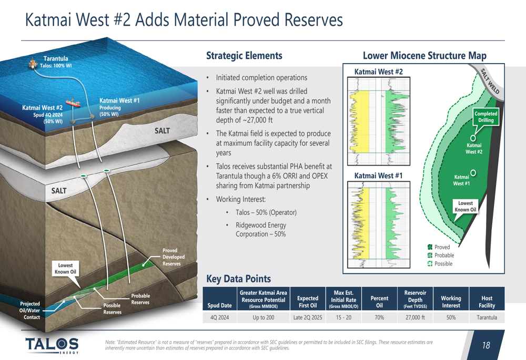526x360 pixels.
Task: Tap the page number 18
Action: coord(485,345)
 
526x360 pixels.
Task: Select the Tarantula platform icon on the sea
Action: coord(33,63)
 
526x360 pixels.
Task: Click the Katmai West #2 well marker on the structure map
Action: coord(473,138)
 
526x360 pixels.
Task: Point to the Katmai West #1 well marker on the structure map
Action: coord(473,172)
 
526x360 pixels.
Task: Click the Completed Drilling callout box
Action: coord(485,117)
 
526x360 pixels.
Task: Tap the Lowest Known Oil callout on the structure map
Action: coord(466,207)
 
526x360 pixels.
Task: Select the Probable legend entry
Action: coord(441,255)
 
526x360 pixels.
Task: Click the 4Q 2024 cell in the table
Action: coord(219,317)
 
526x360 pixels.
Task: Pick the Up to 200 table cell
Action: coord(264,317)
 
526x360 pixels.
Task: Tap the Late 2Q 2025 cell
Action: coord(308,317)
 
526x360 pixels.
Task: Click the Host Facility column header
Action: coord(487,302)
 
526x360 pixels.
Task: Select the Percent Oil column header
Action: coord(379,302)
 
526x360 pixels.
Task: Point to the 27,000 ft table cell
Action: coord(416,317)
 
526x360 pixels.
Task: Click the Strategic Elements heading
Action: coord(244,56)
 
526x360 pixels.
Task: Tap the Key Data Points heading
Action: coord(238,279)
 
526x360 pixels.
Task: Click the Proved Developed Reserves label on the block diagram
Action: coord(174,257)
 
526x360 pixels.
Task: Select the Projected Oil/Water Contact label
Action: coord(30,311)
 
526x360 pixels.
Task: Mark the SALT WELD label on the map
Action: coord(490,81)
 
